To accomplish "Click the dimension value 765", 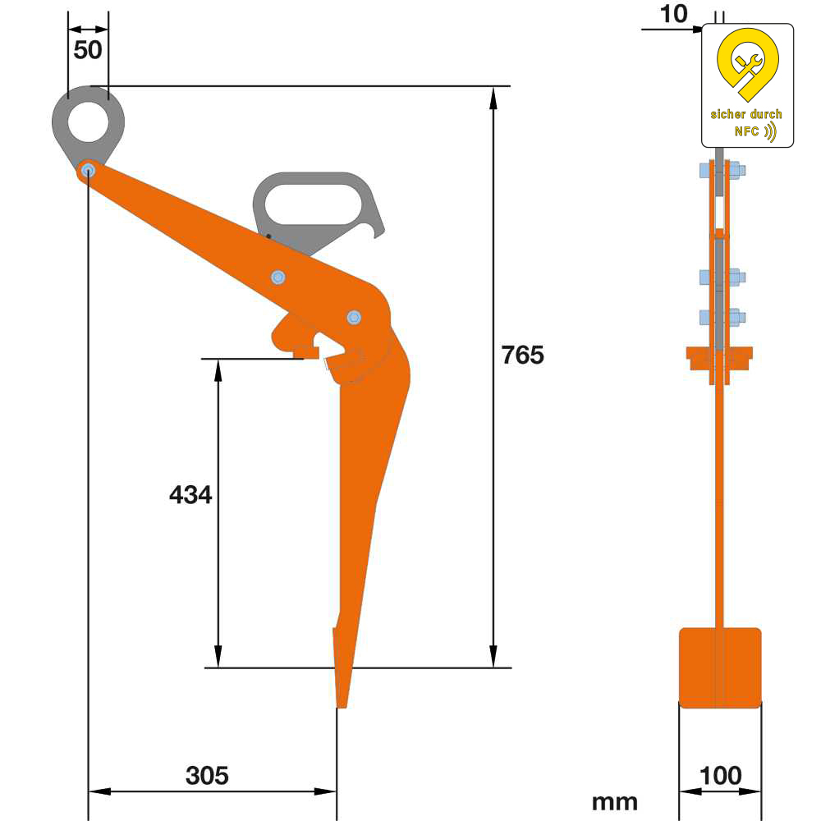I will tap(523, 355).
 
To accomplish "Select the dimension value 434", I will tap(190, 495).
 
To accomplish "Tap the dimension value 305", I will tap(207, 775).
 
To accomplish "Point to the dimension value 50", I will tap(88, 50).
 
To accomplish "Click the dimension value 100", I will tap(720, 775).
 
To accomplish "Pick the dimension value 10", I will tap(672, 13).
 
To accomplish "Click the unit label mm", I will tap(614, 801).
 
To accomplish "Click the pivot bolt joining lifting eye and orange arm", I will tap(88, 171).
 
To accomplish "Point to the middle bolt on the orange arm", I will tap(278, 277).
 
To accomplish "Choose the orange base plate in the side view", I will tap(720, 667).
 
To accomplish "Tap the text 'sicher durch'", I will tap(746, 114).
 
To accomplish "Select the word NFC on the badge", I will tap(746, 131).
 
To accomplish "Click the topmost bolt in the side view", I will tap(721, 172).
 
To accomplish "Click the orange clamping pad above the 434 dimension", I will tap(305, 352).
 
